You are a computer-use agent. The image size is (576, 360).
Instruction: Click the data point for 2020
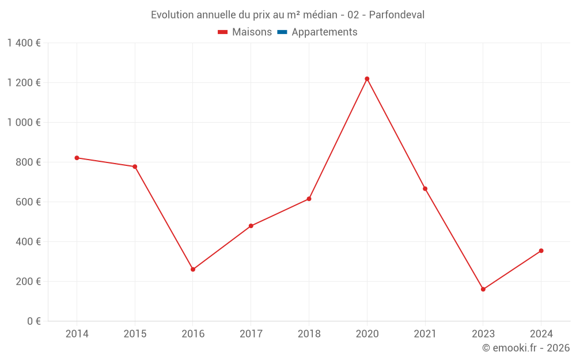[x=367, y=79]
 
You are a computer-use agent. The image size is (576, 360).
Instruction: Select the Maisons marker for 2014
[x=77, y=158]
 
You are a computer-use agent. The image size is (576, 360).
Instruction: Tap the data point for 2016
[x=193, y=270]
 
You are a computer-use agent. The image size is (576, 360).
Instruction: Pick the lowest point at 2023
[x=483, y=289]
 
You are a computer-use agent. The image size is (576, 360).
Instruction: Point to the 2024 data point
[x=541, y=251]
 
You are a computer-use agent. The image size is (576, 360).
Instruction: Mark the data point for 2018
[x=309, y=199]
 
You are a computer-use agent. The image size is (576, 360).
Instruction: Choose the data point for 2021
[x=425, y=189]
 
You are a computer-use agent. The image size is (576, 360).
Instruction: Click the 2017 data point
[x=251, y=226]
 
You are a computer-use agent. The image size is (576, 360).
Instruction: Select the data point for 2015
[x=135, y=166]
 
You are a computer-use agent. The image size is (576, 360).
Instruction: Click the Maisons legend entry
[x=245, y=32]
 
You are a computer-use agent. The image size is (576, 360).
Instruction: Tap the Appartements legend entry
[x=317, y=32]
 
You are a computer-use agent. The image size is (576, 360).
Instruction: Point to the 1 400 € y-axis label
[x=24, y=43]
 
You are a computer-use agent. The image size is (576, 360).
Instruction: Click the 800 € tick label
[x=28, y=162]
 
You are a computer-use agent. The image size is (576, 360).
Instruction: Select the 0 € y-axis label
[x=33, y=321]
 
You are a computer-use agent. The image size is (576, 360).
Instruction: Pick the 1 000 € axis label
[x=24, y=123]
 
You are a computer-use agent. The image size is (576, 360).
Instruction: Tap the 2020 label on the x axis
[x=367, y=334]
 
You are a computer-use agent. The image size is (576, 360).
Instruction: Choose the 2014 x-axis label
[x=77, y=334]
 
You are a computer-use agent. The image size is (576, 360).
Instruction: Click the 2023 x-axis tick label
[x=483, y=334]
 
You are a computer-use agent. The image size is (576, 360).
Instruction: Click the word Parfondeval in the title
[x=396, y=15]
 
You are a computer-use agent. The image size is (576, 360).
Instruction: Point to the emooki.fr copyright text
[x=526, y=348]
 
